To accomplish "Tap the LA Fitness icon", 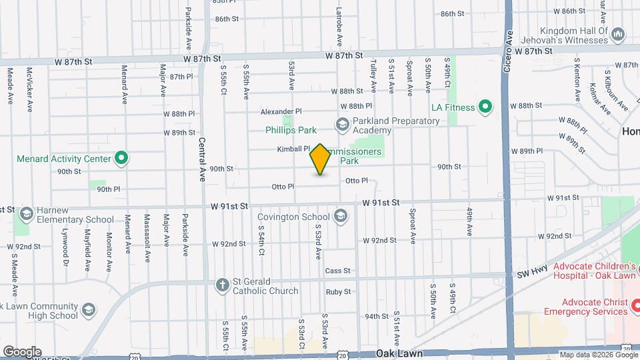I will coord(485,107).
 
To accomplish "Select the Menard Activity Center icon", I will coord(121,159).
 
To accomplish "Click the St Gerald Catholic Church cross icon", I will coord(223,285).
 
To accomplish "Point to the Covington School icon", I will coord(341,216).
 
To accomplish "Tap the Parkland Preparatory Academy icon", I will coord(342,125).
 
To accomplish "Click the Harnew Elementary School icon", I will coord(27,214).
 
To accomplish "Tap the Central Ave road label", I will coord(202,160).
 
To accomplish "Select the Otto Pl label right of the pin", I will coord(357,181).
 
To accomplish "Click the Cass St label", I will coord(338,271).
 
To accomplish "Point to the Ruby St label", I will coord(338,291).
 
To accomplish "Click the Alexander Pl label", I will coord(281,111).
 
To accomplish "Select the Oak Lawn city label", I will coord(399,353).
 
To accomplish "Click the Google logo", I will coord(21,351).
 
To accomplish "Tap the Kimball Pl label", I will coord(294,149).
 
